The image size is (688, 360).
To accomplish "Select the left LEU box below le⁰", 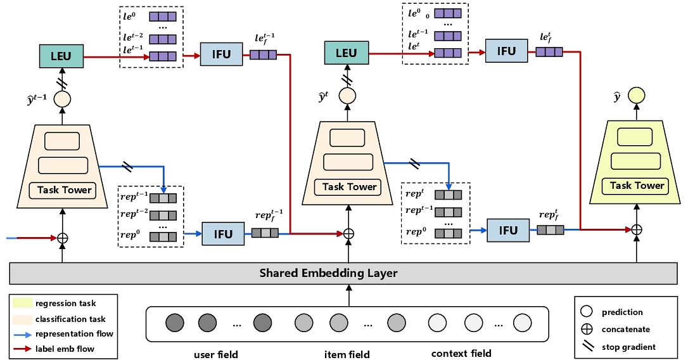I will [62, 56].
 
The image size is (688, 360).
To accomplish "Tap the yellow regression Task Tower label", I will [636, 186].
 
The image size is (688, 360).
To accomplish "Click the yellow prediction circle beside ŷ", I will [636, 97].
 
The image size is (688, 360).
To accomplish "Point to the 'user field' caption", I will [216, 354].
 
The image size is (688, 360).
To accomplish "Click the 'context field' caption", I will [461, 353].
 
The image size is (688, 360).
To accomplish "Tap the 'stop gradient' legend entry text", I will [629, 347].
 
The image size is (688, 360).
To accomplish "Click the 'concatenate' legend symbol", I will [587, 329].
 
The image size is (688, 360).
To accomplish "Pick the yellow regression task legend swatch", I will [20, 304].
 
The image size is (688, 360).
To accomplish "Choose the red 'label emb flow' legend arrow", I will [20, 348].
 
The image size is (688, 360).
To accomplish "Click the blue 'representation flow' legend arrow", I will [20, 333].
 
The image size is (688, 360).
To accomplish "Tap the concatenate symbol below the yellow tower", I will [637, 229].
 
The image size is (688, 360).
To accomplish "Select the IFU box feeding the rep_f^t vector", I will [508, 230].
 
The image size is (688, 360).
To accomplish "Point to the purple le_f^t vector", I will [549, 52].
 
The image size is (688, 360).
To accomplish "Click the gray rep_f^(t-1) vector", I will [265, 233].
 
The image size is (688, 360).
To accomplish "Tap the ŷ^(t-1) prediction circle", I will [62, 100].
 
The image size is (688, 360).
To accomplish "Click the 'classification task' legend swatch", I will [20, 319].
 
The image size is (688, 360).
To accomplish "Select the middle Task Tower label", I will [349, 186].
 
